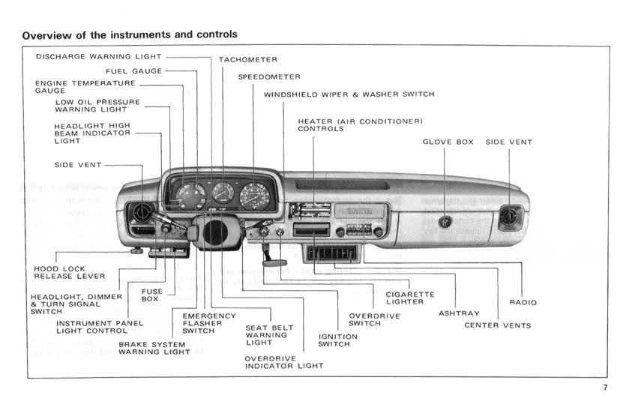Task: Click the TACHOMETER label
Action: point(248,59)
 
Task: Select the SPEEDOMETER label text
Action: point(269,76)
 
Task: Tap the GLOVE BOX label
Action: point(448,142)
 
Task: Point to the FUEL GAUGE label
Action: point(134,70)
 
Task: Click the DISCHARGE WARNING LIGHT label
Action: point(98,56)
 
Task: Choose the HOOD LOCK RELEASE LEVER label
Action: point(70,272)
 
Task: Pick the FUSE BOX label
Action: point(151,295)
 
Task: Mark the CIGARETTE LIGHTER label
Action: point(410,298)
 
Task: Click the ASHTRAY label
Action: point(459,313)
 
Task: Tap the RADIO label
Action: point(523,302)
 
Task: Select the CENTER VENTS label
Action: point(498,325)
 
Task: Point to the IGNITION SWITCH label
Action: point(337,340)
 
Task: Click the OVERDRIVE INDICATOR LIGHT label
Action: point(284,362)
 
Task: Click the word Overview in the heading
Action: point(48,34)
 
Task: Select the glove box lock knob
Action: point(445,222)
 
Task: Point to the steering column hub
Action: point(217,231)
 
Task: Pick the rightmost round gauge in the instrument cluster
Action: point(255,196)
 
